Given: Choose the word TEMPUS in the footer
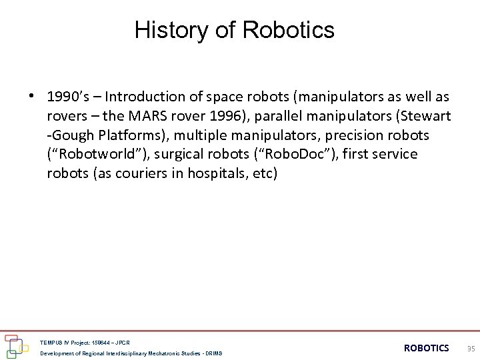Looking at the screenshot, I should click(52, 342).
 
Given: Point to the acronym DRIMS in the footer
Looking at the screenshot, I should click(213, 353).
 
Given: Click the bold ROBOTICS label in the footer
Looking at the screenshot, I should click(427, 348).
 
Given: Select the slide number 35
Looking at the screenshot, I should click(471, 348).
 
